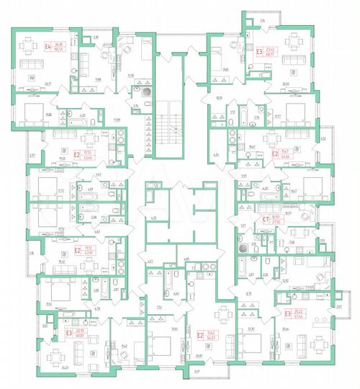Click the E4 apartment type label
click(48, 49)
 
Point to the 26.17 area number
click(48, 83)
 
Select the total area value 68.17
click(272, 55)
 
